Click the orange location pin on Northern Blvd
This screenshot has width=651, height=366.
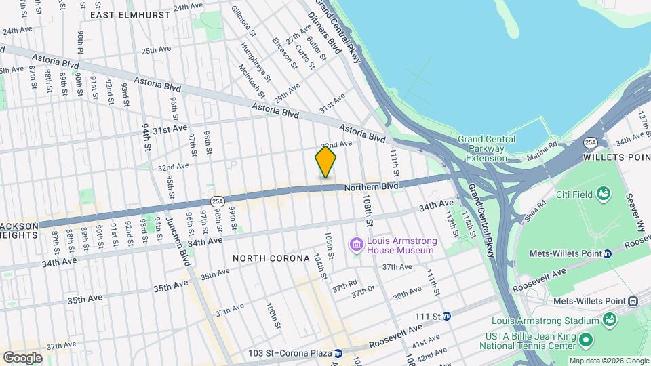(325, 162)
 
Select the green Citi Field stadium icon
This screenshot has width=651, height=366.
(601, 195)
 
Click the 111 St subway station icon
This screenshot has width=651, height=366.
(447, 316)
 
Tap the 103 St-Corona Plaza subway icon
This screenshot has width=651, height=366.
(338, 353)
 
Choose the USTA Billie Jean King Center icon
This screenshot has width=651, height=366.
(587, 338)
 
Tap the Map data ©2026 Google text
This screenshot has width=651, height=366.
(608, 361)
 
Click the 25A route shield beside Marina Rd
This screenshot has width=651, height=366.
(591, 142)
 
